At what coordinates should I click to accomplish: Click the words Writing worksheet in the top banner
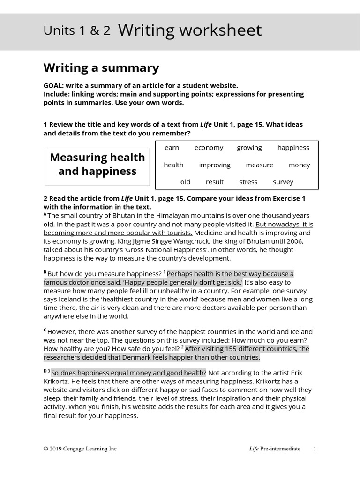[190, 30]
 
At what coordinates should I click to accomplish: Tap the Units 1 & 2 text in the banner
[77, 31]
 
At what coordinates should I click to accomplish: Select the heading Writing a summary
[101, 68]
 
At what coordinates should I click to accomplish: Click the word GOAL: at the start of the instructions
[53, 85]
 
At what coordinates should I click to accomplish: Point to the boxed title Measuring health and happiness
[97, 164]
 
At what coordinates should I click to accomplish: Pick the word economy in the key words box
[209, 148]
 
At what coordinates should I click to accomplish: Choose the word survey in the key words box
[283, 182]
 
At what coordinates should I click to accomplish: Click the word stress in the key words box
[248, 182]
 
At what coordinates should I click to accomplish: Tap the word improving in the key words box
[215, 165]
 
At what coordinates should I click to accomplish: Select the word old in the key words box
[185, 182]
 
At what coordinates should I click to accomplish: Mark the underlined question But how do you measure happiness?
[105, 274]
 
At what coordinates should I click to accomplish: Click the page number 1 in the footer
[315, 449]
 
